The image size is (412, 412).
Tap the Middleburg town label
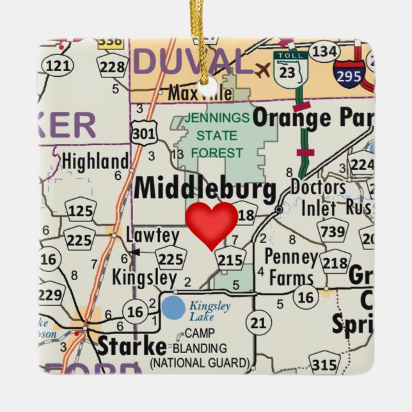tap(205, 190)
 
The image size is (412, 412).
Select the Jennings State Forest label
tap(217, 136)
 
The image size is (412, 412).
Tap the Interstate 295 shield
tap(349, 72)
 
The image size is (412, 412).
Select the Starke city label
tap(131, 346)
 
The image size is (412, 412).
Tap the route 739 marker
tap(333, 232)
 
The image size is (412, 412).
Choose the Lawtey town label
tap(153, 235)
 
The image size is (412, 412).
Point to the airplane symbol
tap(262, 69)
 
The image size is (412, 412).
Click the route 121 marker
tap(59, 65)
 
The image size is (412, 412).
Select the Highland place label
tap(95, 161)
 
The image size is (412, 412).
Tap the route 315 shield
tap(325, 365)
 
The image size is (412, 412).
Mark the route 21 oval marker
tap(258, 323)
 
